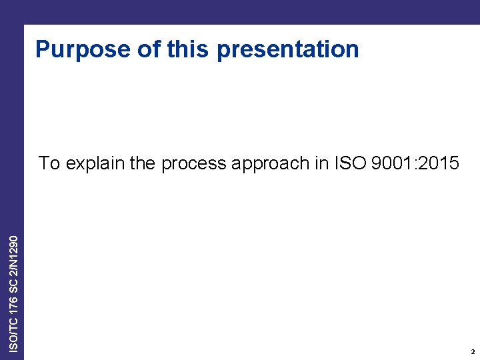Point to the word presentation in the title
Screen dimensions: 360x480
[288, 50]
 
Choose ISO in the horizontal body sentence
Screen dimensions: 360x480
[347, 163]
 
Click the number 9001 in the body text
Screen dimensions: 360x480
[391, 163]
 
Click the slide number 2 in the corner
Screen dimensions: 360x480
[472, 351]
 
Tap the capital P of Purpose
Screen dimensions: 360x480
[43, 49]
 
